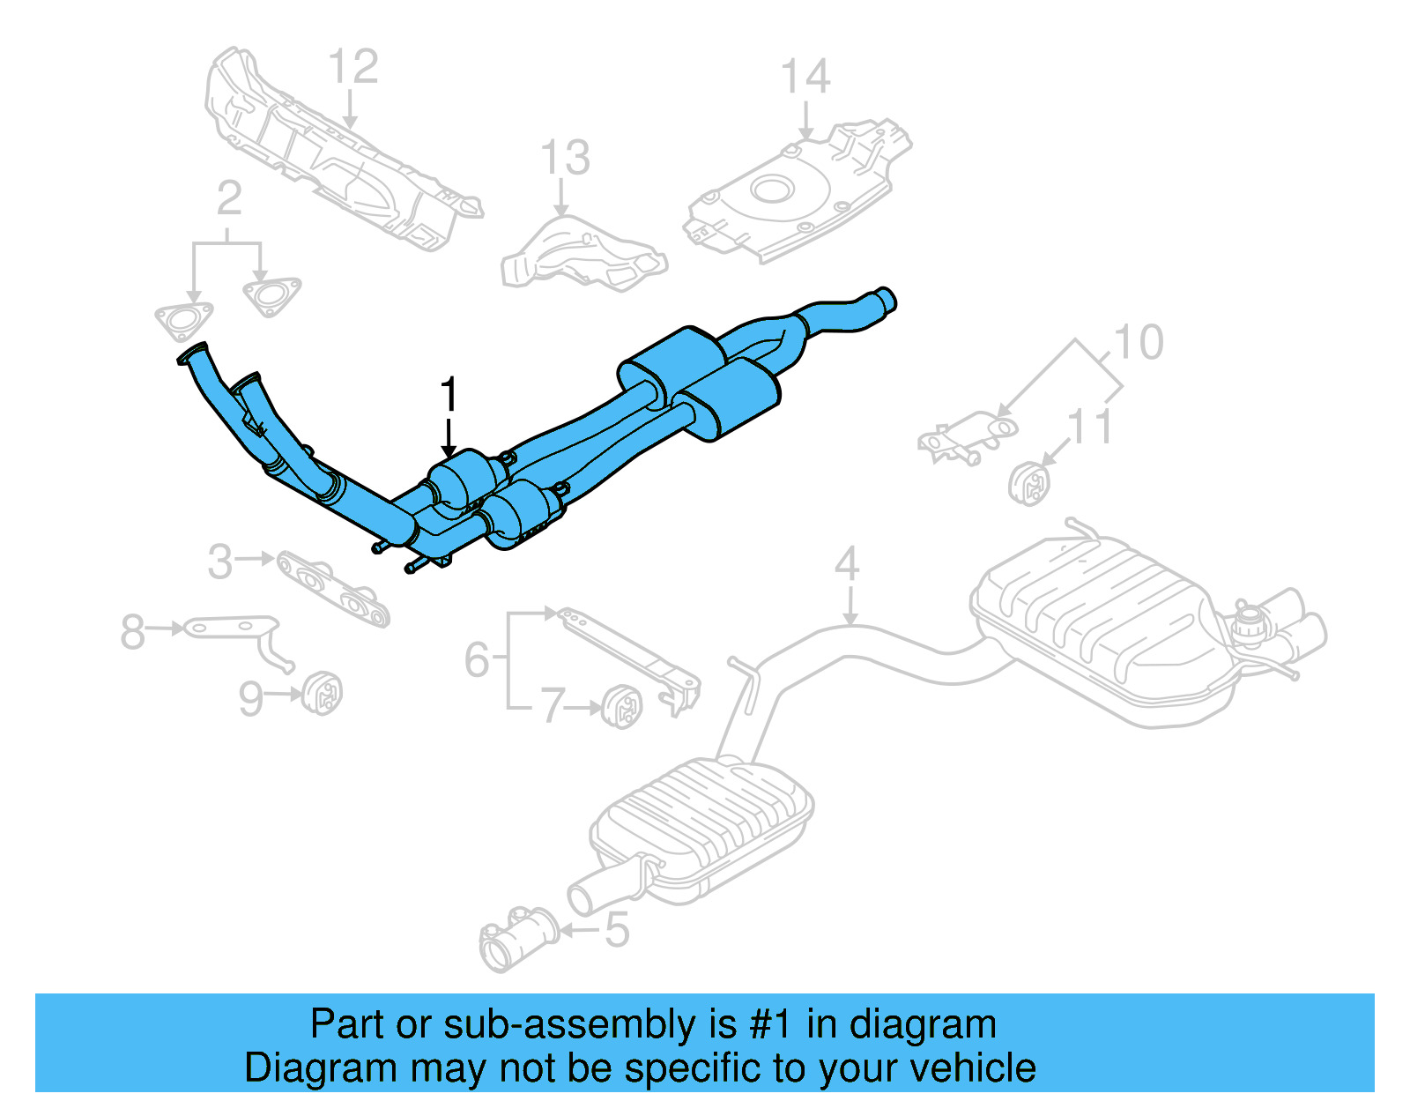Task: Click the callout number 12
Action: click(x=353, y=67)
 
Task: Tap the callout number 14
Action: click(x=805, y=77)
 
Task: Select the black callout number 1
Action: click(x=449, y=394)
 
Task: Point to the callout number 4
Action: click(x=847, y=563)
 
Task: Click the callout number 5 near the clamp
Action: click(x=617, y=930)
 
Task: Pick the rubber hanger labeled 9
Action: click(x=323, y=693)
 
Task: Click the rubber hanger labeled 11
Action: click(x=1029, y=483)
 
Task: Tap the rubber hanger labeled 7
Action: click(x=623, y=704)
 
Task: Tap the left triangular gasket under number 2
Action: click(x=183, y=321)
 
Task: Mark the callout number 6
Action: click(x=477, y=659)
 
